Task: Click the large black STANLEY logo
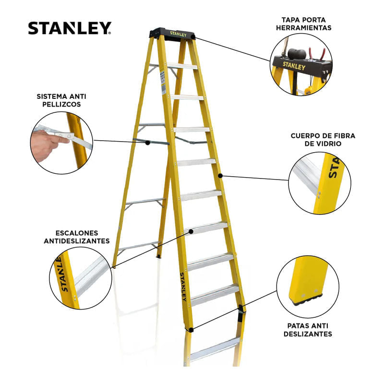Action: (70, 28)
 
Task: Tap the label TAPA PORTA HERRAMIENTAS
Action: (304, 24)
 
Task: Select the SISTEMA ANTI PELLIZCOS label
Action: (61, 100)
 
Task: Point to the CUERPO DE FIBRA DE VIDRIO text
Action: (323, 140)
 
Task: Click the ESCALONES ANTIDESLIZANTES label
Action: (77, 237)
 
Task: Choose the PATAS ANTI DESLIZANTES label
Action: (308, 330)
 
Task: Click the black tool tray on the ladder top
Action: (173, 34)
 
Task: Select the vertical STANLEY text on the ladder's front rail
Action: (183, 287)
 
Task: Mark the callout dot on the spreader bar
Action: (148, 143)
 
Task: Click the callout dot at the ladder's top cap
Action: (193, 37)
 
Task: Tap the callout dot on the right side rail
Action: (220, 176)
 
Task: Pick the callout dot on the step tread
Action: (191, 231)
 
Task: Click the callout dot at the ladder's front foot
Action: (191, 330)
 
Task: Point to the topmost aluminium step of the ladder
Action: (182, 66)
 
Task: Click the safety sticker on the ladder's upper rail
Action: (163, 82)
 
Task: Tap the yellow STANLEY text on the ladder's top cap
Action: (178, 34)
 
